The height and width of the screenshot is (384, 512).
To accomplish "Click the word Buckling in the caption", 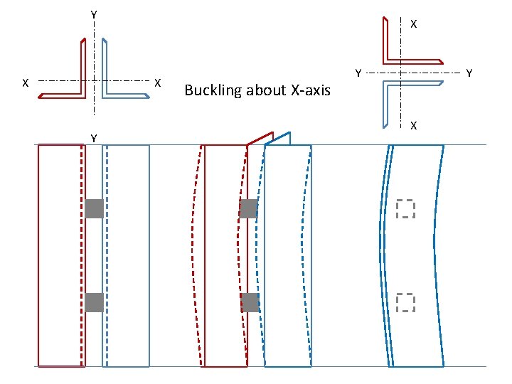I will pyautogui.click(x=213, y=90).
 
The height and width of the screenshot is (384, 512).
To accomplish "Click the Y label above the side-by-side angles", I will pyautogui.click(x=94, y=14).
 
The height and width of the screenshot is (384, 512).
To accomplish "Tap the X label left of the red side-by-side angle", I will pyautogui.click(x=25, y=83).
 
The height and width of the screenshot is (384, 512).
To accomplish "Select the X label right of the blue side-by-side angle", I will pyautogui.click(x=158, y=83).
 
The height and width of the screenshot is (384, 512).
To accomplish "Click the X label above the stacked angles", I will pyautogui.click(x=413, y=23).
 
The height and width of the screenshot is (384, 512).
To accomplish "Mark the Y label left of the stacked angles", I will pyautogui.click(x=358, y=73).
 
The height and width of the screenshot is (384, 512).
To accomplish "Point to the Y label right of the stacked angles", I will pyautogui.click(x=469, y=73).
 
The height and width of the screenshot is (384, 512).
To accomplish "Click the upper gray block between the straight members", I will pyautogui.click(x=94, y=208).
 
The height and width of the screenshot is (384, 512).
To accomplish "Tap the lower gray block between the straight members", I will pyautogui.click(x=94, y=302).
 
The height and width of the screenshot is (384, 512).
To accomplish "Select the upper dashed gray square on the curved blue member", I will pyautogui.click(x=405, y=208).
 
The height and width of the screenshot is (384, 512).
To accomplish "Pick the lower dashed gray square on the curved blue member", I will pyautogui.click(x=405, y=302).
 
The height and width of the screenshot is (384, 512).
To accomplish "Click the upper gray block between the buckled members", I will pyautogui.click(x=249, y=208).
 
